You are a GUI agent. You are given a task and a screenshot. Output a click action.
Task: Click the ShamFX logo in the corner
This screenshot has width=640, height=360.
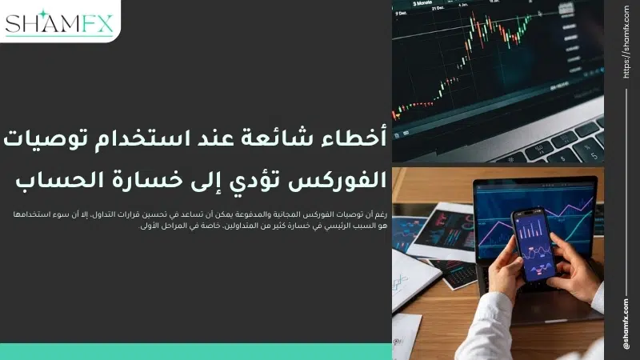[x=61, y=22]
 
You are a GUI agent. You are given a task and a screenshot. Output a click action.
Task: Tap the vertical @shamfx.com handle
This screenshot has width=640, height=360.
[x=625, y=323]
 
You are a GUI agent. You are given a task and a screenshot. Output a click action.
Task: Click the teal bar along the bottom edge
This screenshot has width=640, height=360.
[x=196, y=352]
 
